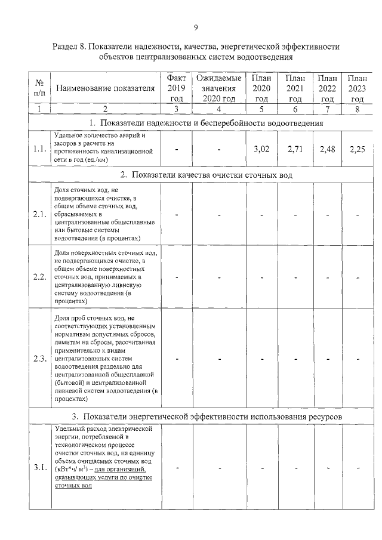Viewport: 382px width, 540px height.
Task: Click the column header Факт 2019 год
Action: (176, 89)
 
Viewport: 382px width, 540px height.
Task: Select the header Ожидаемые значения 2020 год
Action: (219, 89)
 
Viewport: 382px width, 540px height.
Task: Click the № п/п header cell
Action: (39, 89)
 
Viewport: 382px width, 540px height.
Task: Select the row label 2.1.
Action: (40, 215)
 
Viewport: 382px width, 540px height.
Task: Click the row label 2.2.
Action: (40, 277)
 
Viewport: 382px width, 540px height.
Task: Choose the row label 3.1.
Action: (40, 467)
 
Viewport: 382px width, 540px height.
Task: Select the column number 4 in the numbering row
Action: (219, 109)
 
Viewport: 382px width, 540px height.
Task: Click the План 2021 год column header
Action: (295, 89)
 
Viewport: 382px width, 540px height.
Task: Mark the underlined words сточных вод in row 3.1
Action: (73, 486)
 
